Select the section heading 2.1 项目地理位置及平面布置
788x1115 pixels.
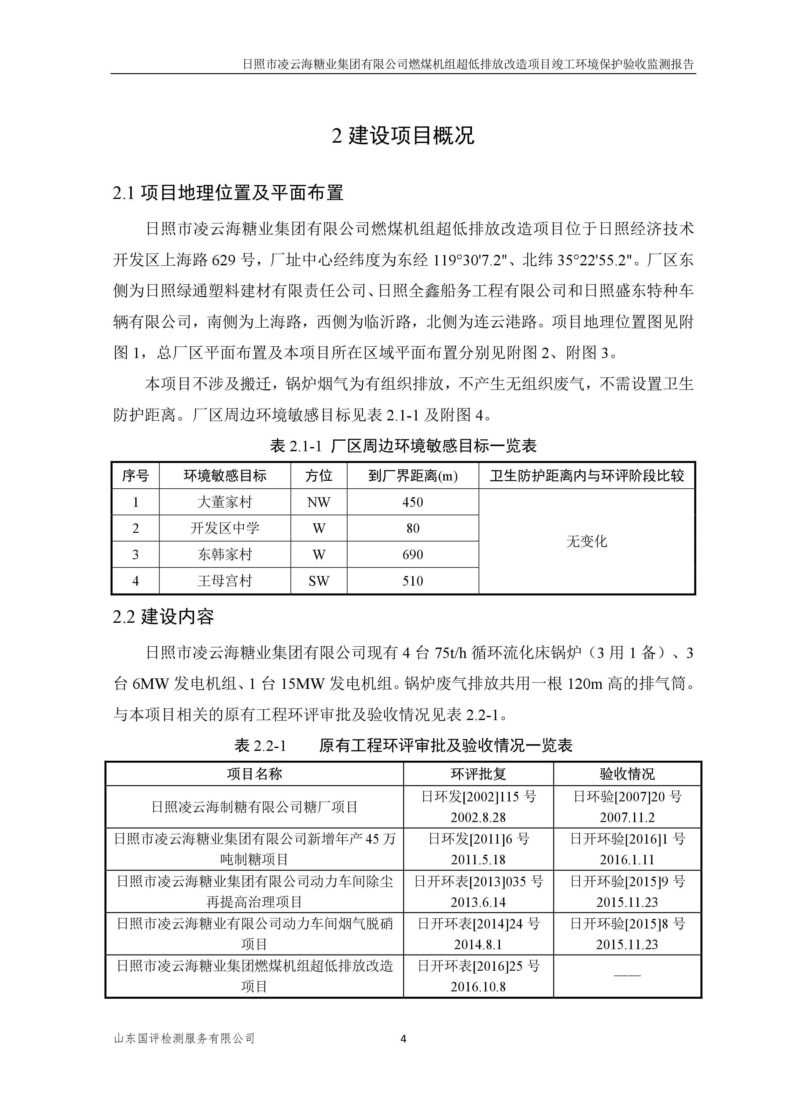coord(228,193)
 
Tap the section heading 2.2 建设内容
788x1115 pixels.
coord(163,617)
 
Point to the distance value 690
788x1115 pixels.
coord(412,554)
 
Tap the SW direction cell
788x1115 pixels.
coord(319,581)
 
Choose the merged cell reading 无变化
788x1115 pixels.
coord(587,541)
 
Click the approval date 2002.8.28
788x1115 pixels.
coord(478,817)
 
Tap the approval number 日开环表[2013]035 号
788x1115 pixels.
coord(478,881)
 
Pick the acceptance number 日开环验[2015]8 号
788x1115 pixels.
coord(627,924)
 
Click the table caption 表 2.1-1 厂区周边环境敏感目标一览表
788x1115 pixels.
coord(403,446)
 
